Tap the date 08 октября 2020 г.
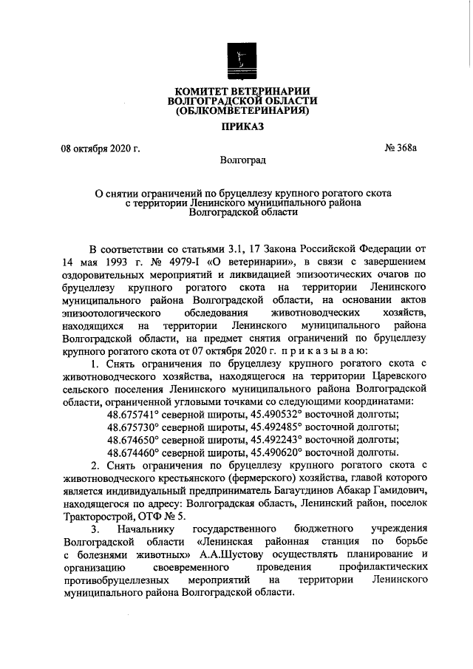pos(101,149)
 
